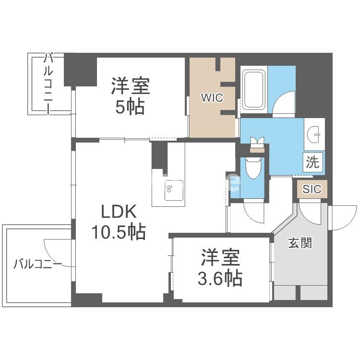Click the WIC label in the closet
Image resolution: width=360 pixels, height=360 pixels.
click(x=211, y=98)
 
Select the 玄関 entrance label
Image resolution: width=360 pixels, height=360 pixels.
click(x=300, y=243)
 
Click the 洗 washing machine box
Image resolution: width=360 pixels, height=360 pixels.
click(x=312, y=162)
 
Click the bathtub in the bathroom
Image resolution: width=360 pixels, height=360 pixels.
click(x=254, y=90)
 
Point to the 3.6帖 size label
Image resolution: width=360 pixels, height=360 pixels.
click(x=221, y=277)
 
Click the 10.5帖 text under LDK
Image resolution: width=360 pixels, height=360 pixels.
click(x=119, y=232)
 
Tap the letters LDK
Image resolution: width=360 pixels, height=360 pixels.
click(x=119, y=212)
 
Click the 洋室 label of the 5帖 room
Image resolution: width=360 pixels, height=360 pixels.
click(x=131, y=86)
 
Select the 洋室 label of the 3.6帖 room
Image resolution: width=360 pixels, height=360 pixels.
click(x=220, y=258)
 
